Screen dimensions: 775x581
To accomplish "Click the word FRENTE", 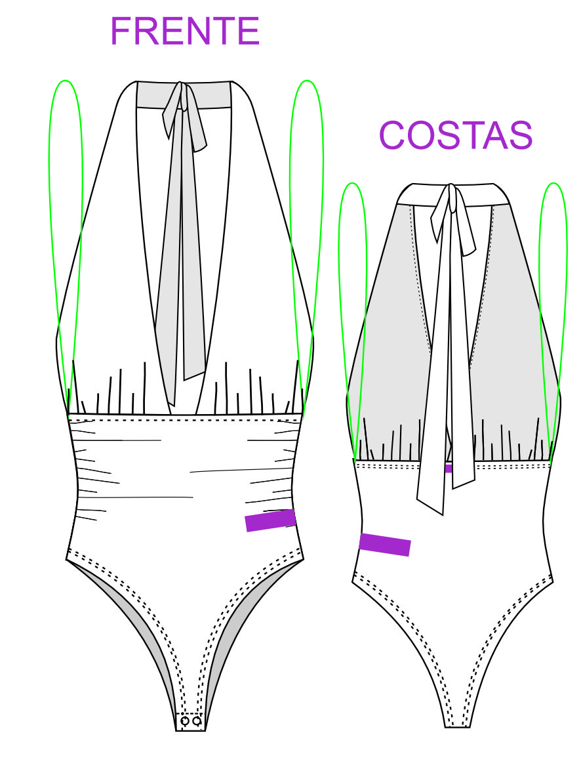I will (185, 31).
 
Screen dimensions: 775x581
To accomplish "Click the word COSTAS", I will (455, 135).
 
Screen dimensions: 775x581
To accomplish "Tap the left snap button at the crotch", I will (185, 721).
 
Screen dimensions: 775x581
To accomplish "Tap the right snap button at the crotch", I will (197, 721).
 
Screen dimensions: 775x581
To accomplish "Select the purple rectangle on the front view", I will (270, 520).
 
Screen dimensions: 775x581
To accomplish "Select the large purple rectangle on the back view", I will (385, 545).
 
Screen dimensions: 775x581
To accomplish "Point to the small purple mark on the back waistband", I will (449, 469).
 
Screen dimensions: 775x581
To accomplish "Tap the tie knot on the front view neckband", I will (183, 98).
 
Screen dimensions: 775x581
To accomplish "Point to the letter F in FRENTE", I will (120, 31).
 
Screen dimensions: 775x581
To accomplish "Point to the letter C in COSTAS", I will (392, 135).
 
